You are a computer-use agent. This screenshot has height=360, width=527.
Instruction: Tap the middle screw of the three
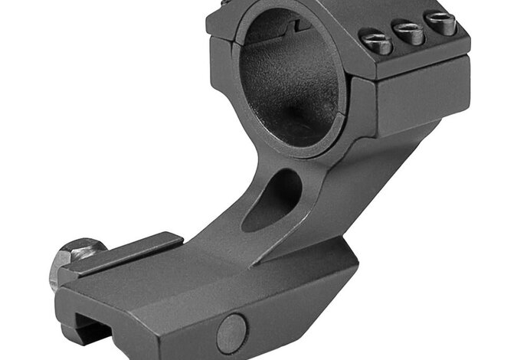click(407, 31)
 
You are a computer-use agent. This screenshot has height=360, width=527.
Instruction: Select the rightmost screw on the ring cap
click(440, 23)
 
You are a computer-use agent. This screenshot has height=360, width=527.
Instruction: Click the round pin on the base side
click(231, 332)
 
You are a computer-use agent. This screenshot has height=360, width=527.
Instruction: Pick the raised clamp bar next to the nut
click(123, 252)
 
